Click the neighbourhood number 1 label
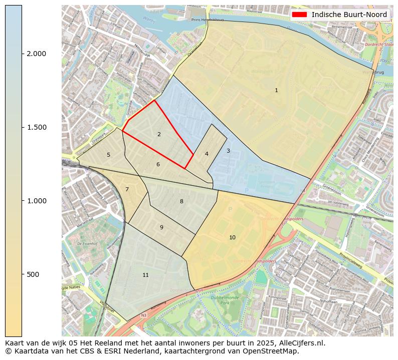click(x=276, y=90)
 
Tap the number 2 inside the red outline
click(x=159, y=134)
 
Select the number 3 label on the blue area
click(x=228, y=151)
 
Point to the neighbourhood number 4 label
click(x=207, y=154)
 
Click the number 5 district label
click(x=108, y=155)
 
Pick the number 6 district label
click(x=158, y=164)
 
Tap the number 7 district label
click(x=127, y=189)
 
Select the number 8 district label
click(x=181, y=201)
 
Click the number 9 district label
click(x=161, y=227)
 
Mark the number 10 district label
click(x=232, y=237)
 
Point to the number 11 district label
click(x=145, y=275)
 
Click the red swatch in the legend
click(x=299, y=15)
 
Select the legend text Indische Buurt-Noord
click(x=349, y=15)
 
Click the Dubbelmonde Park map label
click(x=223, y=300)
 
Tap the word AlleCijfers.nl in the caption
click(x=302, y=343)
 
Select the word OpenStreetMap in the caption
click(x=274, y=351)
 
